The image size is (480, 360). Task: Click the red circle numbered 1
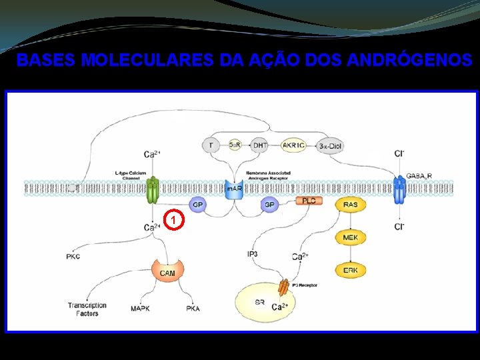tap(173, 219)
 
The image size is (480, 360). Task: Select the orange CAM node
tap(167, 271)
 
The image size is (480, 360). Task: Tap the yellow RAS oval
tap(350, 205)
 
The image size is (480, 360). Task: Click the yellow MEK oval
tap(350, 237)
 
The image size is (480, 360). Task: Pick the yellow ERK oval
tap(350, 269)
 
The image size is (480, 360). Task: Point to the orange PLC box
tap(309, 201)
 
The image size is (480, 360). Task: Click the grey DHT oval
tap(261, 145)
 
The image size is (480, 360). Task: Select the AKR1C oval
tap(293, 145)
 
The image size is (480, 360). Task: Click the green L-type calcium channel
tap(153, 190)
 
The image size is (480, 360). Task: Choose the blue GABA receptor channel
tap(399, 190)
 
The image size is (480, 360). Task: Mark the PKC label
tap(73, 257)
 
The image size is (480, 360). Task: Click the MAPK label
tap(140, 309)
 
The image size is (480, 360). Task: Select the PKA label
tap(193, 309)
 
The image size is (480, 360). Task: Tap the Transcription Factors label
tap(87, 309)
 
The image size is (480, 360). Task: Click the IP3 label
tap(253, 254)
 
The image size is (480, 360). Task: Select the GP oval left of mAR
tap(197, 205)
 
